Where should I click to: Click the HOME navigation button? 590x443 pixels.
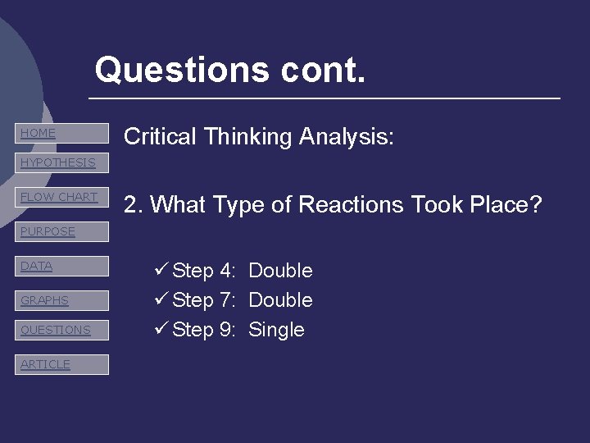pos(61,133)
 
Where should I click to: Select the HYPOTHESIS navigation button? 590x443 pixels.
pos(61,162)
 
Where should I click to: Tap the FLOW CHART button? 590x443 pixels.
pos(61,197)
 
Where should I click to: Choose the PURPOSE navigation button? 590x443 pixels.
pos(61,231)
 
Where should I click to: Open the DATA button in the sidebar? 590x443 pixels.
pos(61,266)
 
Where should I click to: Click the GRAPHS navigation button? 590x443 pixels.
pos(61,300)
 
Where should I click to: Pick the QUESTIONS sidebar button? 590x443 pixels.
pos(61,330)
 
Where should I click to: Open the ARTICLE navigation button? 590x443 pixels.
pos(61,364)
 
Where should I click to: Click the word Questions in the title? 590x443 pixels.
pos(181,70)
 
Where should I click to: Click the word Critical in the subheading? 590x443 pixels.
pos(160,136)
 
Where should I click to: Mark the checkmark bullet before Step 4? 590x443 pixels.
pos(161,270)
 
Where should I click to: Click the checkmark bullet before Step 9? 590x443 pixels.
pos(161,329)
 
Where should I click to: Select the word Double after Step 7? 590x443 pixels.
pos(280,300)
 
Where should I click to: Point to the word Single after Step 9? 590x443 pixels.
pos(276,330)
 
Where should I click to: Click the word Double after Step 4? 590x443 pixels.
pos(280,271)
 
